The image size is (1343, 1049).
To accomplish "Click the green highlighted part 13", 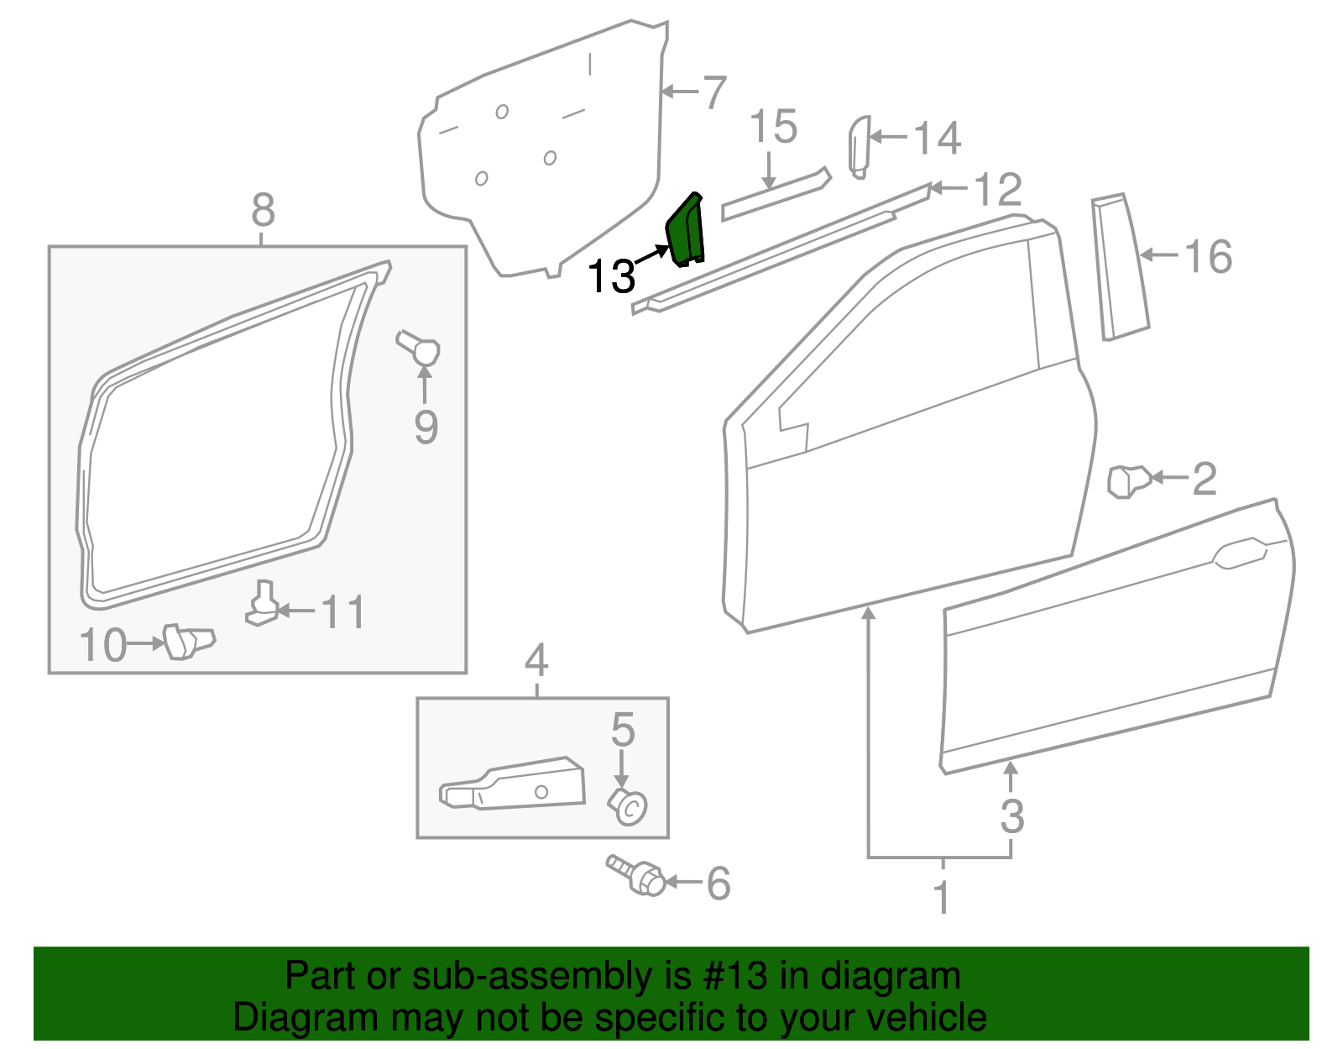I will click(685, 230).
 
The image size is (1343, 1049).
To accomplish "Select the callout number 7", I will click(713, 92).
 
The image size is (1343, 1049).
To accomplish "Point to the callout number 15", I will click(772, 128).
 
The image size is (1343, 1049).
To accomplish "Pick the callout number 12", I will click(998, 190).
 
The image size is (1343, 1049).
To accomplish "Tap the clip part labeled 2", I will click(1127, 480).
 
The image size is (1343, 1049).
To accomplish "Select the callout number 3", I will click(1012, 816).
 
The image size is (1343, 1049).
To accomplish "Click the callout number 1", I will click(942, 897).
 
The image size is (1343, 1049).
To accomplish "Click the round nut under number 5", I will click(628, 806).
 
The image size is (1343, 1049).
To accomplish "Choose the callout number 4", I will click(536, 661).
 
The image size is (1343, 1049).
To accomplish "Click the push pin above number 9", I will click(419, 347).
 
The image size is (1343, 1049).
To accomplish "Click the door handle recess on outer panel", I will click(1238, 554).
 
